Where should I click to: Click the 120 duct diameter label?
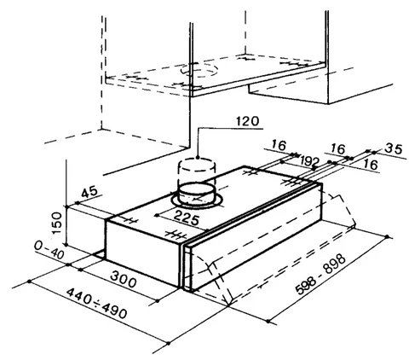pos(248,121)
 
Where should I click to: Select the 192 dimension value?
pos(310,161)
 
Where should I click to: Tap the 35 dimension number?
pos(394,148)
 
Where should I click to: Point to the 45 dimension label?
pos(89,192)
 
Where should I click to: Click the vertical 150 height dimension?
pos(57,223)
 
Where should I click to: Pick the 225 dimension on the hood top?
pos(187,218)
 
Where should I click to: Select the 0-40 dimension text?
pos(49,250)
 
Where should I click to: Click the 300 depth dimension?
pos(123,279)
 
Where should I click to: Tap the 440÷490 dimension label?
pos(96,302)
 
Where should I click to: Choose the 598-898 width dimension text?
pos(320,275)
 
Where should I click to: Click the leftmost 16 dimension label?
pos(279,145)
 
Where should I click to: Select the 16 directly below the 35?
pos(371,164)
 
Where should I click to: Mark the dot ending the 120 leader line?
pos(198,157)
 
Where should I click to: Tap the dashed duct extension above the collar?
pos(196,171)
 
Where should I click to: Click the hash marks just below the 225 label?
pos(176,235)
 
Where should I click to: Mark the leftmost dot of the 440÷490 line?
pos(29,282)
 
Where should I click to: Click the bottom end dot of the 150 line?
pos(66,244)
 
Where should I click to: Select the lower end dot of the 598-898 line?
pos(268,322)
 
